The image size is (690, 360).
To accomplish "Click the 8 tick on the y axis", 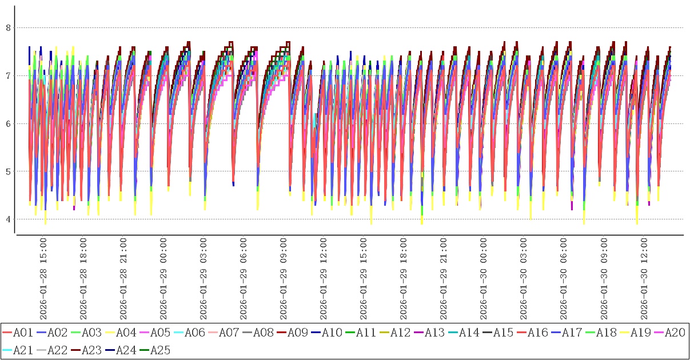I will [x=8, y=27].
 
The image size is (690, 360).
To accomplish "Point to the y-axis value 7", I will [x=8, y=75].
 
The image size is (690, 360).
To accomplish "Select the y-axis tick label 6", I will [x=8, y=123].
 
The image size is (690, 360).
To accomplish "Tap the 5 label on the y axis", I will [x=8, y=171].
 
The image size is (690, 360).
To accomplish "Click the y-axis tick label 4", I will [x=8, y=219].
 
